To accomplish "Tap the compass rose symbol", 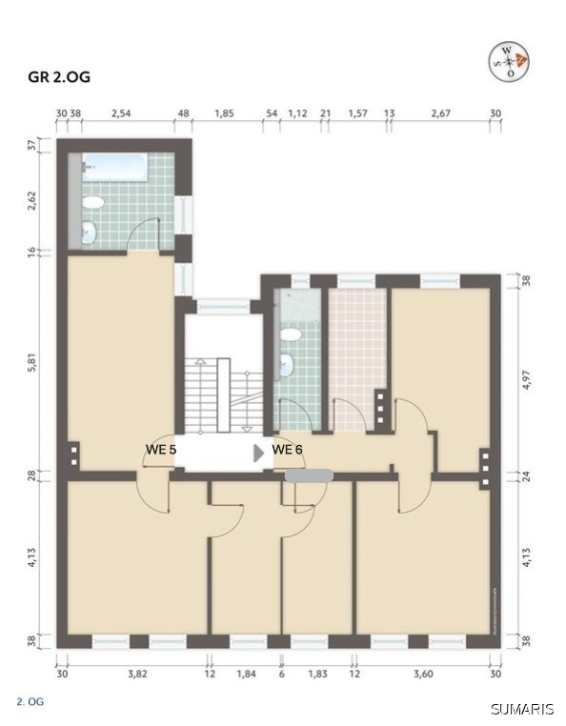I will pyautogui.click(x=509, y=62).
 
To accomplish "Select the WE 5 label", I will pyautogui.click(x=160, y=449).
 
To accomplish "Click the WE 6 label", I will pyautogui.click(x=287, y=449).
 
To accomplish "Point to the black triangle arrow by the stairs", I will pyautogui.click(x=258, y=454).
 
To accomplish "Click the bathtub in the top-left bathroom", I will pyautogui.click(x=113, y=169).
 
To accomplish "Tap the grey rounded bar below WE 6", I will pyautogui.click(x=309, y=474).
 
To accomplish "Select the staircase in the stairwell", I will pyautogui.click(x=218, y=393).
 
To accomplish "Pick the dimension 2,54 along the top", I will pyautogui.click(x=121, y=113).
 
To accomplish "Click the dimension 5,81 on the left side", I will pyautogui.click(x=31, y=361).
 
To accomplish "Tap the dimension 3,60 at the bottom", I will pyautogui.click(x=423, y=674).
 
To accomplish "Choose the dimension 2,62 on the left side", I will pyautogui.click(x=31, y=201).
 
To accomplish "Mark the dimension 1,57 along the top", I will pyautogui.click(x=357, y=113).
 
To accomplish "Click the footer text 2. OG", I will pyautogui.click(x=30, y=702).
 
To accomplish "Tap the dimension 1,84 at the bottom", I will pyautogui.click(x=246, y=674).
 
